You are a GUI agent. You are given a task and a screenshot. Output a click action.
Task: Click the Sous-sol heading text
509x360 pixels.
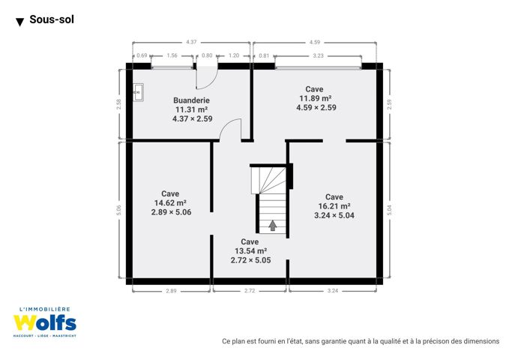coord(52,19)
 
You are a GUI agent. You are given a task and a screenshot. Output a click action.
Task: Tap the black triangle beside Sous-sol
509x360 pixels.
coord(19,22)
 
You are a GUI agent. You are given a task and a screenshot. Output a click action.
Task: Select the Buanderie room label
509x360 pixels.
coord(191,100)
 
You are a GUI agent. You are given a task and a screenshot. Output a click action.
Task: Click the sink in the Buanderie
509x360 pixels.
coord(138,92)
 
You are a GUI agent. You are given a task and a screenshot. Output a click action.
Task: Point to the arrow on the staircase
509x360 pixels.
coord(273,226)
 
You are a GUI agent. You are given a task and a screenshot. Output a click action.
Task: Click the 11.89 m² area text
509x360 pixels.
coord(315,98)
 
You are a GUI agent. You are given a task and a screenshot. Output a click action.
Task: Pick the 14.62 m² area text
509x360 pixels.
coord(170,203)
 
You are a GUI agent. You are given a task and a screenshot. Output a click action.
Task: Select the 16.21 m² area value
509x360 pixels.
coord(334,206)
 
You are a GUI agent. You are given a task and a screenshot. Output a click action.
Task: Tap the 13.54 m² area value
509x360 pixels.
coord(250,250)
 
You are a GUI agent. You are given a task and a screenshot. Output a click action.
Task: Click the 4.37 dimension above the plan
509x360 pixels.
coord(191,42)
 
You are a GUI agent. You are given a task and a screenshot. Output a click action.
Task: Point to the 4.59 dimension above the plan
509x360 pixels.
coord(315,42)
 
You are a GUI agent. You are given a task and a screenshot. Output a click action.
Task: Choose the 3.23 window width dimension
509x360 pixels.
coord(318,55)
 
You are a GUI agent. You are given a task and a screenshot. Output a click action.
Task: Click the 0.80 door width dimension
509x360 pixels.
coord(207,55)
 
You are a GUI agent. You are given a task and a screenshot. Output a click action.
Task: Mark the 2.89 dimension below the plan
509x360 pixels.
coord(171,291)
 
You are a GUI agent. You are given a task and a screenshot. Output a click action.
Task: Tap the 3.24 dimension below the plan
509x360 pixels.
coord(333,291)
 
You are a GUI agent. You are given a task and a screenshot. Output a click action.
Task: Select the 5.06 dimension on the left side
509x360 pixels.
coord(118,210)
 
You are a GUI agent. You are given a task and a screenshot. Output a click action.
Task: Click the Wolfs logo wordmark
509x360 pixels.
coord(45,323)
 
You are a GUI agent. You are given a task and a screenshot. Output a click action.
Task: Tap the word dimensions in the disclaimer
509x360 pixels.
coord(481,341)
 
